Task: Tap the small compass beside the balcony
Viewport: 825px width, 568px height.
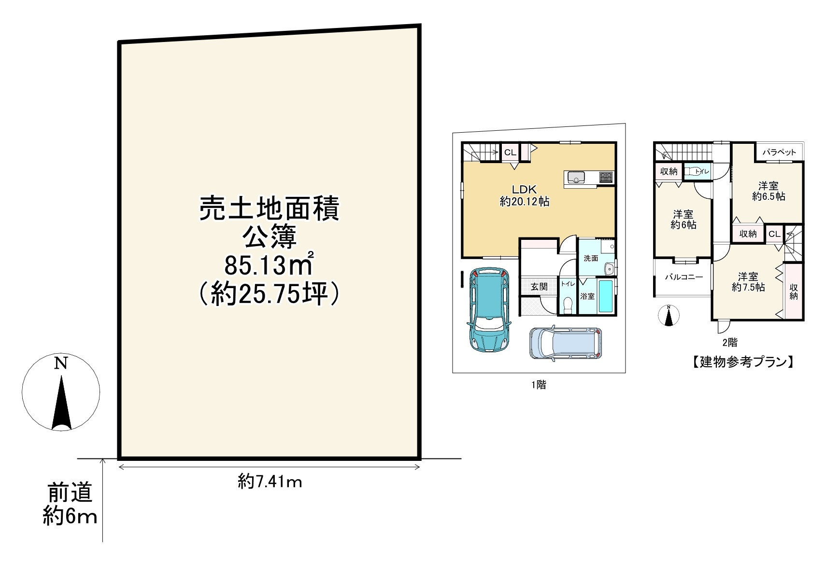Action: pos(669,316)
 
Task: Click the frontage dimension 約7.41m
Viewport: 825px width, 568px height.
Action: pos(270,481)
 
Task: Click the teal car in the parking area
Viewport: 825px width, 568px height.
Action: pos(487,309)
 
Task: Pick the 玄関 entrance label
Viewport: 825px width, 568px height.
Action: pos(539,287)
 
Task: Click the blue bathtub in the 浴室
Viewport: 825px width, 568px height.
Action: pos(607,295)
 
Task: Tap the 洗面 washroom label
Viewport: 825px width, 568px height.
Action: pos(591,258)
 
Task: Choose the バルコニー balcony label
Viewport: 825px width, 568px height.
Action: pos(683,277)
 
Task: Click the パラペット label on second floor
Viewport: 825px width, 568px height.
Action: pos(779,152)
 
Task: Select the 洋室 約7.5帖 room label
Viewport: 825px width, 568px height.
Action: pos(748,282)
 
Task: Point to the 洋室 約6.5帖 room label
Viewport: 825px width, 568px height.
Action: pos(768,191)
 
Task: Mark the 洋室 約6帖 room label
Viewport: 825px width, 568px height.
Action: pos(683,220)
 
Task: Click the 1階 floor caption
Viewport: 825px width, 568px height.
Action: pos(539,385)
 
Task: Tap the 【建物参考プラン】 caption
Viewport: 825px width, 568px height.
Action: pos(740,362)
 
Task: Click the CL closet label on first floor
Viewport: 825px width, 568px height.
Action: pos(510,152)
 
